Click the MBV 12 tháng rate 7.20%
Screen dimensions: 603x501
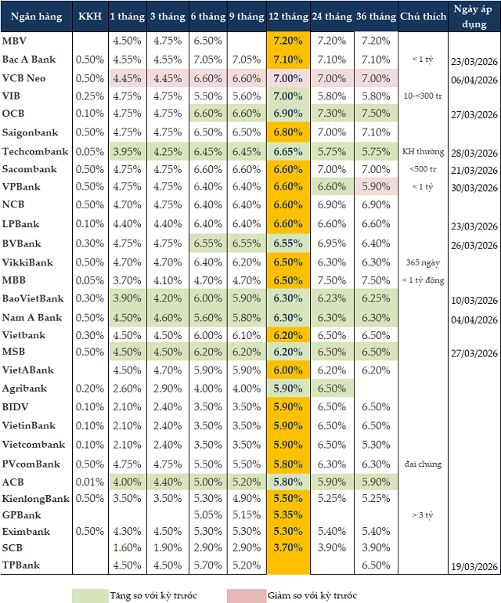(x=288, y=41)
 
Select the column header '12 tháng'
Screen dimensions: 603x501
(x=288, y=16)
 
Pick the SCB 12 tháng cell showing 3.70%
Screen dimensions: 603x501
(x=288, y=547)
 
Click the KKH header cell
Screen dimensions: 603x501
(x=88, y=16)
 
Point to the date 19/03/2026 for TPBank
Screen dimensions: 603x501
(x=474, y=566)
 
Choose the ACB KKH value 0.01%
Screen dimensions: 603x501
(x=88, y=482)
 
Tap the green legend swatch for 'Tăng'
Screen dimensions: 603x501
(x=101, y=595)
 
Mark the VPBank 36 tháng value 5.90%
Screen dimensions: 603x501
(x=376, y=187)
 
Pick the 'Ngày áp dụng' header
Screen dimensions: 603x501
(x=474, y=16)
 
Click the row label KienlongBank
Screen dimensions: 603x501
(x=35, y=499)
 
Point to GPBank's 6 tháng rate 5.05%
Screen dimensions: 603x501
(x=207, y=515)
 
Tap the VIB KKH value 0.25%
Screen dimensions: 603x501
(x=88, y=96)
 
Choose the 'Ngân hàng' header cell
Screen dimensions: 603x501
(x=36, y=16)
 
